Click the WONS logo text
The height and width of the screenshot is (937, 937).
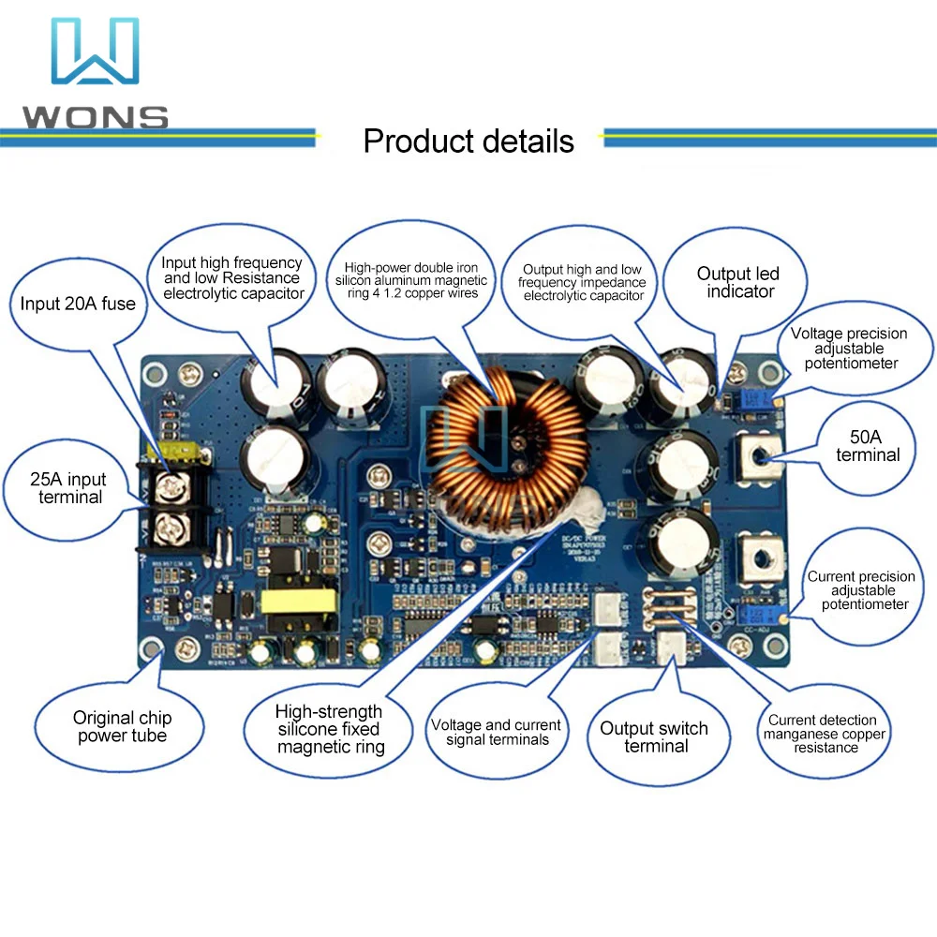(95, 118)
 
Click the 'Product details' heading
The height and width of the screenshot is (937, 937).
(468, 141)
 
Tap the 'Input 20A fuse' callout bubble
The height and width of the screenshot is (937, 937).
(78, 304)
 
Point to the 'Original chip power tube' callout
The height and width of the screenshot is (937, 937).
(122, 727)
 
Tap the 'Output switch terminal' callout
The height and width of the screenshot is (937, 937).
(654, 737)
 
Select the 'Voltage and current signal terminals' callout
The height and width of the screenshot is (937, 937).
(496, 733)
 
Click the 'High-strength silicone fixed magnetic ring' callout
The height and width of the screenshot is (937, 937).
(329, 729)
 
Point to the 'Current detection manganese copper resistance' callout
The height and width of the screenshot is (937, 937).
(824, 734)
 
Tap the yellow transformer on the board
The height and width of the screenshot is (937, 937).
(299, 601)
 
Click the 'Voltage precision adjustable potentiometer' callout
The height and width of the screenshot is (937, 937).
(849, 348)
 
